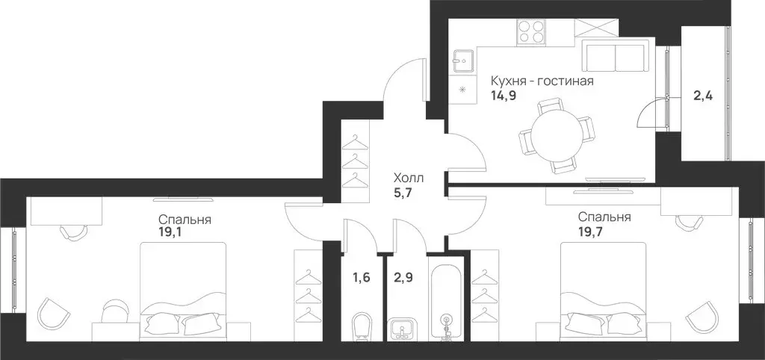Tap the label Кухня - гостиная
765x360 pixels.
click(542, 81)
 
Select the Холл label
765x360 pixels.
click(409, 178)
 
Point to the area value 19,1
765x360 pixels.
click(170, 232)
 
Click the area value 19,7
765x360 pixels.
click(590, 231)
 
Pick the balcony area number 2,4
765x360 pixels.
click(703, 96)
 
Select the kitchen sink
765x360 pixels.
click(462, 61)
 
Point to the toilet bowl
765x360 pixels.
click(362, 327)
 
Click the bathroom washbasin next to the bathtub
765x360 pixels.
click(401, 330)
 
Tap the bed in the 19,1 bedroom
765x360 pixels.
click(183, 291)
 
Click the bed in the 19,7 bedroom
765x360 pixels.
click(604, 291)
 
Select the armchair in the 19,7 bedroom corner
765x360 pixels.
click(701, 317)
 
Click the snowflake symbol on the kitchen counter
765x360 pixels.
click(462, 90)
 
